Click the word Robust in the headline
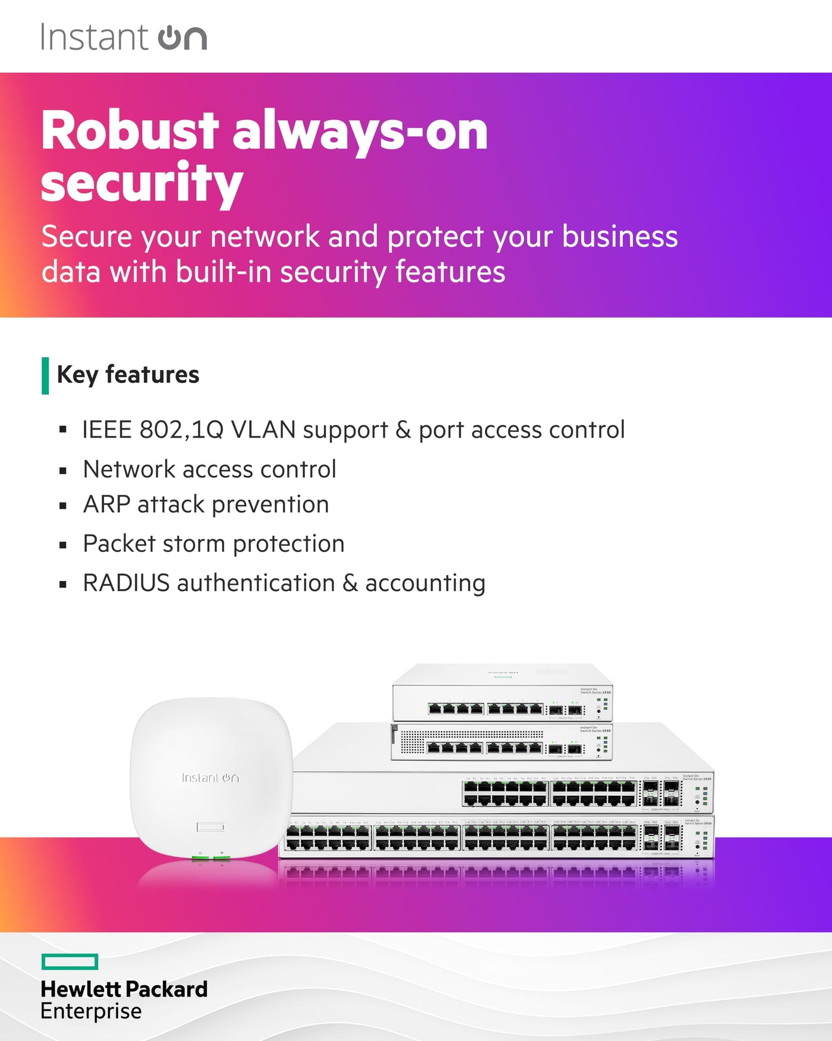(x=130, y=131)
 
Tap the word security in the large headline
(x=142, y=184)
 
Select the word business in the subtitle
(x=619, y=236)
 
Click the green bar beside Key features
(x=45, y=375)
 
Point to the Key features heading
(x=128, y=375)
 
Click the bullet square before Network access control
(x=63, y=471)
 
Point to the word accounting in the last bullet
(x=425, y=584)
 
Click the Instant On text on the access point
(x=210, y=777)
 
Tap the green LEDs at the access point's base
(x=211, y=858)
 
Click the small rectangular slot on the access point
(x=210, y=827)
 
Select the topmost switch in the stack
(x=502, y=693)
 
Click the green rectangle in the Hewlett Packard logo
(x=70, y=961)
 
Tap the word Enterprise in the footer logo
(x=91, y=1011)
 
